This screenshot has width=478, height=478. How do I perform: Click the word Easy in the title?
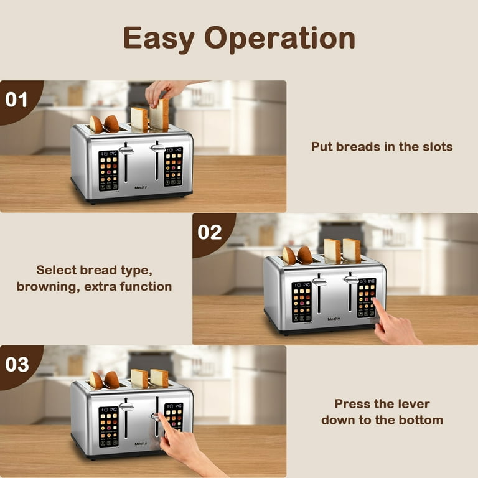(x=159, y=39)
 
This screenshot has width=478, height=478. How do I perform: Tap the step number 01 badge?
(x=17, y=100)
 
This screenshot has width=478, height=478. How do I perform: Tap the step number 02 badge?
(x=210, y=232)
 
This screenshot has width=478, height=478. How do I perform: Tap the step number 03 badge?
(x=17, y=364)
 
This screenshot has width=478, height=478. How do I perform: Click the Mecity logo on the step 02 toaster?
(x=334, y=319)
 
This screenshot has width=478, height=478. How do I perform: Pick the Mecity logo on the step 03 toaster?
(x=141, y=443)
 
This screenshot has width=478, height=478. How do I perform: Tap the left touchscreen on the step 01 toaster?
(x=108, y=170)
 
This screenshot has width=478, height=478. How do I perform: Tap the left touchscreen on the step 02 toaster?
(x=302, y=302)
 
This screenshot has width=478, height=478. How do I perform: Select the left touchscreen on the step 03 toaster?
(x=108, y=426)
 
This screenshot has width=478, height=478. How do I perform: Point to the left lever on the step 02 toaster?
(x=319, y=282)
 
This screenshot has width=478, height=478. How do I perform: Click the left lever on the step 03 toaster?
(x=126, y=407)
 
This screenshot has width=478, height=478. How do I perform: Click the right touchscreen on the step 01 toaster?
(x=174, y=166)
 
